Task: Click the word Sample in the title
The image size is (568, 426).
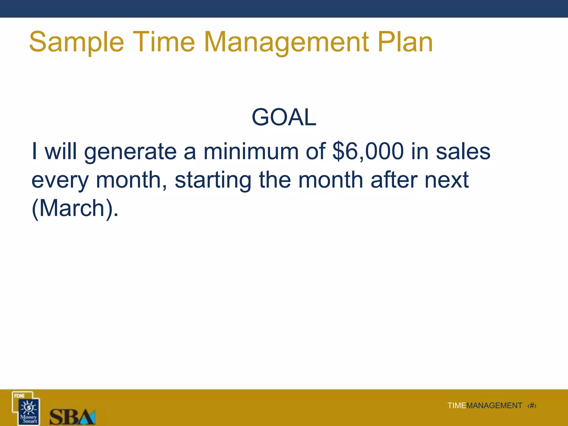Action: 76,42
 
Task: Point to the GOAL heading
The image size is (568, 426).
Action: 284,117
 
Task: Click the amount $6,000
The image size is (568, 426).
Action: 368,151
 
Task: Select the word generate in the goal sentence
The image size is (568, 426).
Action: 130,152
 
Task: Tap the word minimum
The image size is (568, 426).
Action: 251,151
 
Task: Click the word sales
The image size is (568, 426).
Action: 463,151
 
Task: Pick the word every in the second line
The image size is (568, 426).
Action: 60,180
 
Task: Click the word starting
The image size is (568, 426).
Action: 213,180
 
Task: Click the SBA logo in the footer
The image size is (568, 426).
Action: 72,417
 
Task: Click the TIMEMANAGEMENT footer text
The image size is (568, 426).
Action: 485,405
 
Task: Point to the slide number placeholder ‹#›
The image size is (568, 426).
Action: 532,405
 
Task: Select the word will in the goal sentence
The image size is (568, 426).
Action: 61,151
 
